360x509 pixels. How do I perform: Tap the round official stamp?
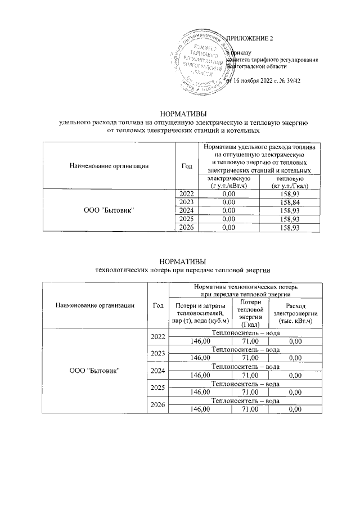(x=200, y=61)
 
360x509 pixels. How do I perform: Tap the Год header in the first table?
(x=186, y=165)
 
